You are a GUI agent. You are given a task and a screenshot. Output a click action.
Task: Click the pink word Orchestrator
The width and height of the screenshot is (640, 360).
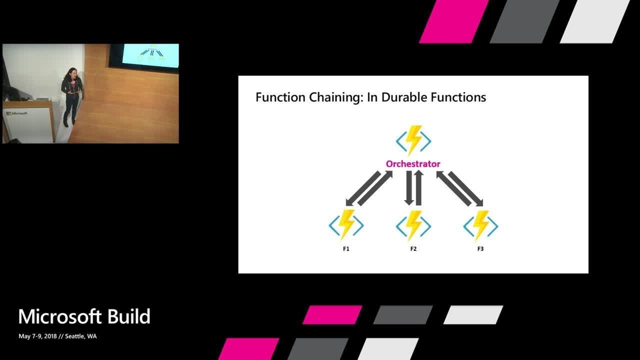point(413,164)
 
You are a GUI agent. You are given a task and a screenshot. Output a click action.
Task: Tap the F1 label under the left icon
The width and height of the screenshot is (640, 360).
point(346,248)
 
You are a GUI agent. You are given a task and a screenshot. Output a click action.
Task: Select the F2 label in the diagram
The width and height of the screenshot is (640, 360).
point(413,248)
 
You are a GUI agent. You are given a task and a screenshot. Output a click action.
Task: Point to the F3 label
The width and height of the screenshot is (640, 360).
point(480,248)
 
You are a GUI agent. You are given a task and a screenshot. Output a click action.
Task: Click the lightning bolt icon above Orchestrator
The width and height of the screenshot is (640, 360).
point(413,141)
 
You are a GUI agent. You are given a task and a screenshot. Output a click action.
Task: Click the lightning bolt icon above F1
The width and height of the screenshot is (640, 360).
point(346,225)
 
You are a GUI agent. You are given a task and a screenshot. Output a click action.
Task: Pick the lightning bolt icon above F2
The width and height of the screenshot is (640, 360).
point(413,225)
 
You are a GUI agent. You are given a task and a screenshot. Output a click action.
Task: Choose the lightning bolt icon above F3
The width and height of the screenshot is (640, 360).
point(480,225)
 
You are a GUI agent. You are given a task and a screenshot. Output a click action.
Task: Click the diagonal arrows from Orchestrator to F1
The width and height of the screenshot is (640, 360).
point(369,188)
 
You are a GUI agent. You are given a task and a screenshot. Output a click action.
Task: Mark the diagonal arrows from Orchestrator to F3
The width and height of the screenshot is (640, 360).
point(459,188)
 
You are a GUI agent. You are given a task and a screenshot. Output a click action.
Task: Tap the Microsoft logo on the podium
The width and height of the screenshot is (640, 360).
point(17,113)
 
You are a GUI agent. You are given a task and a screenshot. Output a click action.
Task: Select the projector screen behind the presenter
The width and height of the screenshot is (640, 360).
point(149,56)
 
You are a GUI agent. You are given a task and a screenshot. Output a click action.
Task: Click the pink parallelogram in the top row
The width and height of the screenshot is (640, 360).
point(453,21)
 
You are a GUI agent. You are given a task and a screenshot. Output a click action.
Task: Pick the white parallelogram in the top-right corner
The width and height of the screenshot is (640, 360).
point(594,21)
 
